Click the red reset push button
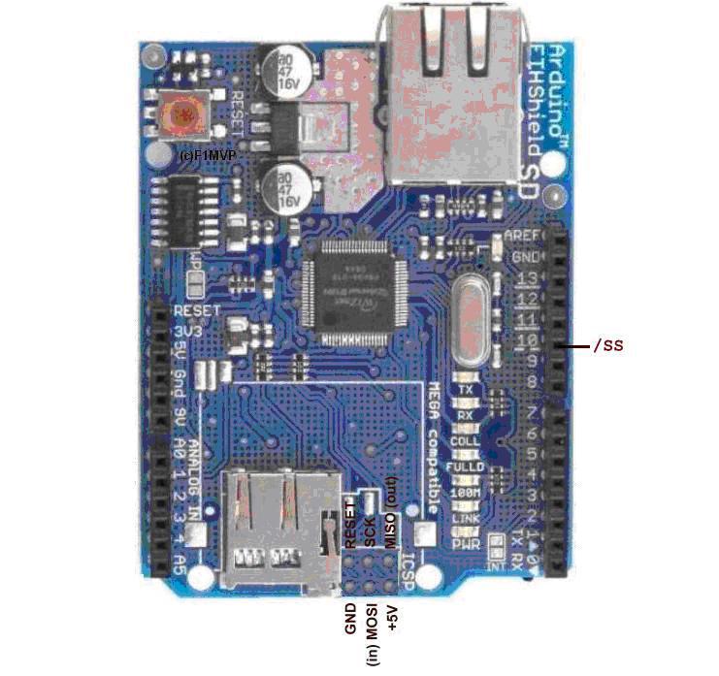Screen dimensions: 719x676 tap(184, 116)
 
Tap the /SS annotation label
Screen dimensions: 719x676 tap(607, 344)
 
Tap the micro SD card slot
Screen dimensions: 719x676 tap(281, 529)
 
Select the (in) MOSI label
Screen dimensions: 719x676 tap(372, 635)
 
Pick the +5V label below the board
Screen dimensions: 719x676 tap(392, 621)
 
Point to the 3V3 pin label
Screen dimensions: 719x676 tap(185, 332)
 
